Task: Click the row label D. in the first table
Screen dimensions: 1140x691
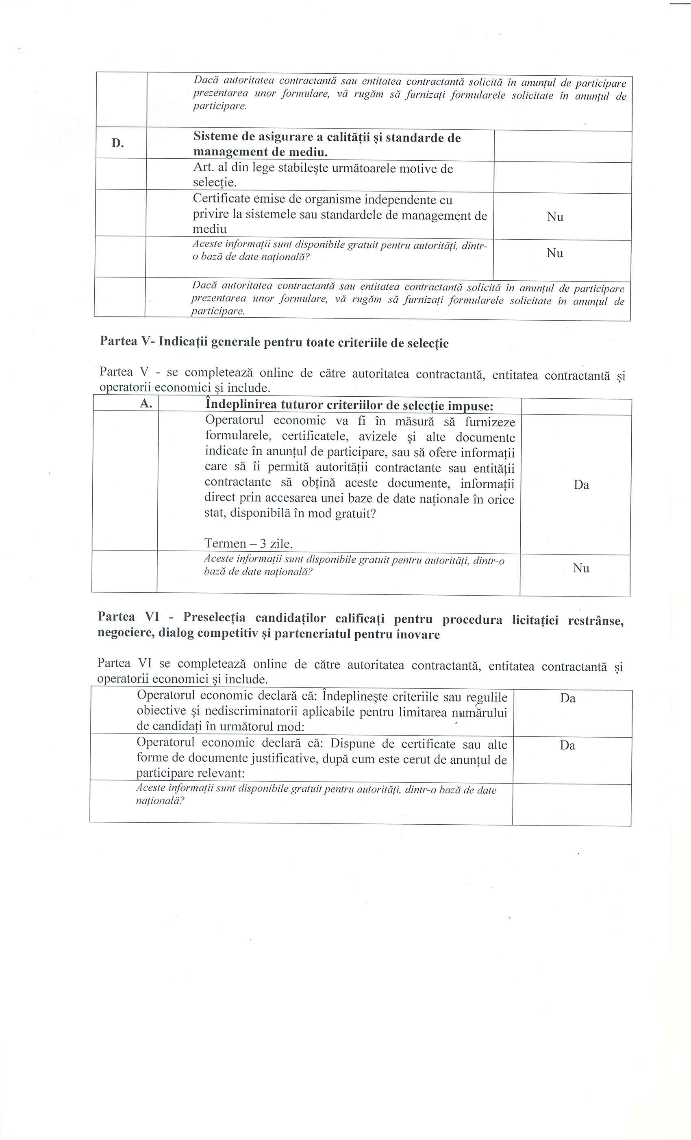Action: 117,143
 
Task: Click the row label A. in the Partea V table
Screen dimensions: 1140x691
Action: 146,404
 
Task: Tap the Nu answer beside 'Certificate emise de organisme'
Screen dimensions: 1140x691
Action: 555,216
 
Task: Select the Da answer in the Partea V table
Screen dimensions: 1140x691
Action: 581,485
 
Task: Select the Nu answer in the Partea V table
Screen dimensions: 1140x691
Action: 581,568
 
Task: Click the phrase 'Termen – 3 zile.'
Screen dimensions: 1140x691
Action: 249,543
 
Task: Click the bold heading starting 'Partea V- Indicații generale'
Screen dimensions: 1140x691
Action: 274,343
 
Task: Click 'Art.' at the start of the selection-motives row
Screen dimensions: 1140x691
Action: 203,168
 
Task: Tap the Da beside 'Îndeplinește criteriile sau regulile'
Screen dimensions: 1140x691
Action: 567,698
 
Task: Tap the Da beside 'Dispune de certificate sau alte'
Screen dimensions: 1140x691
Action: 567,745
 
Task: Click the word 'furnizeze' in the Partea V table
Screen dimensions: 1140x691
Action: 489,422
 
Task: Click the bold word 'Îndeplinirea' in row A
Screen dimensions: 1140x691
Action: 241,405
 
